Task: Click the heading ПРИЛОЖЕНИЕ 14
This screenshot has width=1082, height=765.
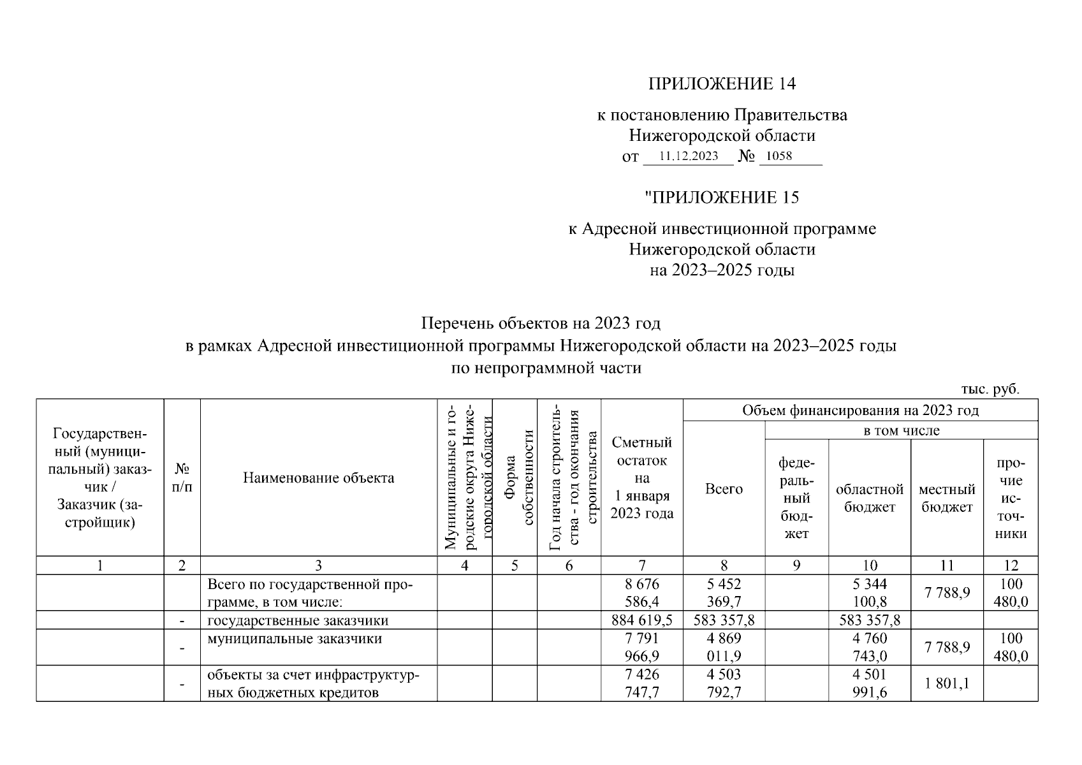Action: click(x=722, y=84)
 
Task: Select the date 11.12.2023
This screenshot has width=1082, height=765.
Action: click(x=688, y=156)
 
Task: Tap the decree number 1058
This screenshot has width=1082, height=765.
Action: click(x=779, y=156)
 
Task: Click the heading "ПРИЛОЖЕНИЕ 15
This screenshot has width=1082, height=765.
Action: click(x=722, y=198)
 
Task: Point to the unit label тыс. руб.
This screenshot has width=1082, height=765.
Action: click(x=990, y=390)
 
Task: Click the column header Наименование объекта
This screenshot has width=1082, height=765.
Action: click(x=318, y=478)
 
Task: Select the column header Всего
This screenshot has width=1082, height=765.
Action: click(x=724, y=489)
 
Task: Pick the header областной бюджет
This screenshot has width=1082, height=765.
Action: click(x=869, y=498)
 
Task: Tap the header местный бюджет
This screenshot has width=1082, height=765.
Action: click(x=947, y=498)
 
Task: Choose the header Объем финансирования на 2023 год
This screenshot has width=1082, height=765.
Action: click(x=859, y=411)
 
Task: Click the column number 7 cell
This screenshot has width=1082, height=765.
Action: click(x=641, y=565)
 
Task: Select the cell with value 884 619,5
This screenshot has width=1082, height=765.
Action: click(x=641, y=620)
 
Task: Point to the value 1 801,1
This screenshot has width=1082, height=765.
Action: click(x=947, y=683)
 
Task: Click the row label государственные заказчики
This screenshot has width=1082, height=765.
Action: click(x=298, y=620)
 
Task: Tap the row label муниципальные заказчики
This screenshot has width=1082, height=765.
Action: click(x=295, y=639)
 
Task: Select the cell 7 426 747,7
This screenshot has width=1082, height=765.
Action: click(x=641, y=683)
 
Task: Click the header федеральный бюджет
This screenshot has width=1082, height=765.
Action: click(x=796, y=498)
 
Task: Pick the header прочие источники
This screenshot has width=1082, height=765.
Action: click(x=1011, y=498)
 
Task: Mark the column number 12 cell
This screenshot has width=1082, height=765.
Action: click(x=1011, y=565)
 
